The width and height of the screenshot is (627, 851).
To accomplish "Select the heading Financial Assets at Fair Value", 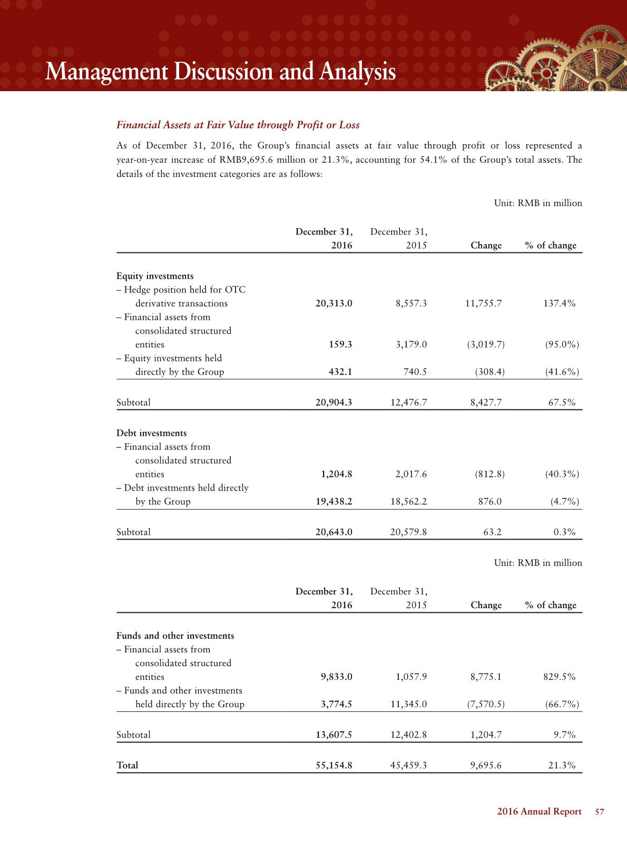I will [x=238, y=125].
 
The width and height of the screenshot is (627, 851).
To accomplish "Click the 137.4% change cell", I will [x=559, y=304].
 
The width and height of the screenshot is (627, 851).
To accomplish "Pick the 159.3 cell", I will [x=340, y=345].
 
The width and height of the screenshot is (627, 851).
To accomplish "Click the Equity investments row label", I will [x=155, y=276].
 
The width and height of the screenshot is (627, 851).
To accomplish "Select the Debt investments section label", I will [x=151, y=433].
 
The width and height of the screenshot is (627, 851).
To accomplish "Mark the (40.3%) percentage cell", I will [x=562, y=474].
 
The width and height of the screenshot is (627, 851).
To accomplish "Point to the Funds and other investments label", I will [x=175, y=635].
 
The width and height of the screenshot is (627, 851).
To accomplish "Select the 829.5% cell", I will [x=559, y=677].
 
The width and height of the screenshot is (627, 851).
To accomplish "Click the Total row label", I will [x=127, y=765].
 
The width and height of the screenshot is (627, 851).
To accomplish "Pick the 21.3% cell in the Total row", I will [x=562, y=765].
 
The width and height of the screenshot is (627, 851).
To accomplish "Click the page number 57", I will [x=599, y=811].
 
